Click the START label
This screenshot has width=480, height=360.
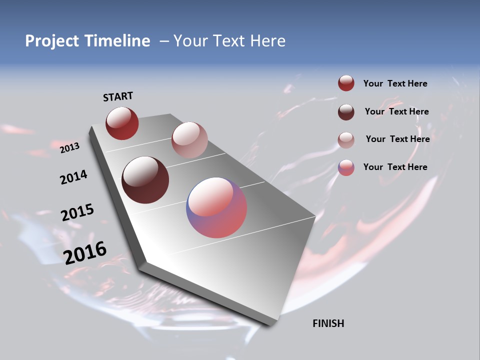[x=118, y=96]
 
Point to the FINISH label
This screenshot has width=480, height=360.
[x=328, y=323]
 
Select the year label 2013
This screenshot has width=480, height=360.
[x=70, y=148]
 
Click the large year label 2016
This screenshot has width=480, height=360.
[x=85, y=253]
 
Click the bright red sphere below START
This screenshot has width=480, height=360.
[x=122, y=123]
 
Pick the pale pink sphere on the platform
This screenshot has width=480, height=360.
[x=189, y=140]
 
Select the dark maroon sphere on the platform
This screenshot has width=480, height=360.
[x=145, y=180]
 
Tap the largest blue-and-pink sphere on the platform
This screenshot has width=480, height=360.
[x=216, y=207]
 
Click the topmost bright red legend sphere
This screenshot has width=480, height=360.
[x=346, y=83]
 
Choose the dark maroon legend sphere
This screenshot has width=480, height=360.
[x=346, y=112]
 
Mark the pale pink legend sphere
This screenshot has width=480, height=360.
[x=346, y=140]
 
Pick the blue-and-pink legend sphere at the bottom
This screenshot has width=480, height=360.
[x=346, y=167]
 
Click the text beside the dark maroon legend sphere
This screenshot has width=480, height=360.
[x=397, y=111]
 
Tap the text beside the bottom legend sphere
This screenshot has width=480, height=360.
[x=395, y=167]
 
